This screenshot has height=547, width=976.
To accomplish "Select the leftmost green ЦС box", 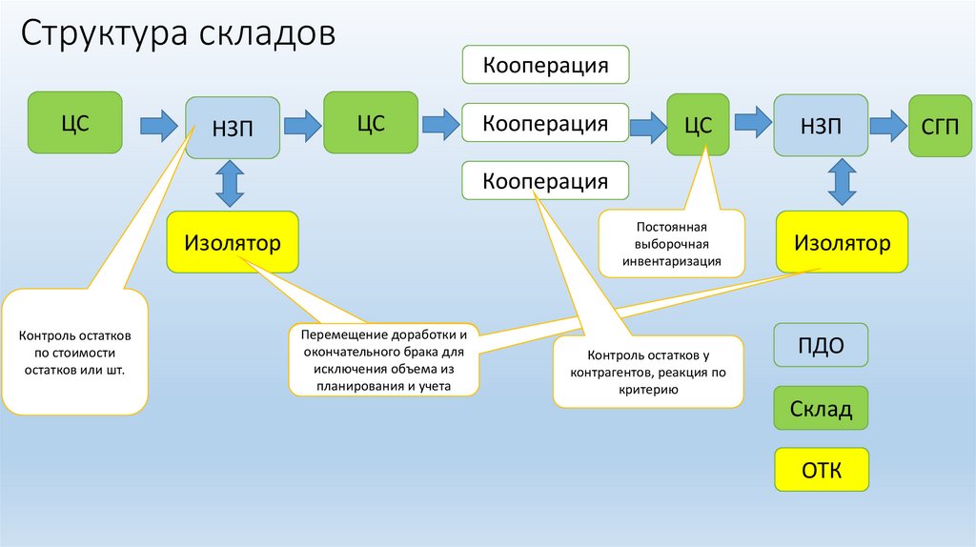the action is [x=75, y=122].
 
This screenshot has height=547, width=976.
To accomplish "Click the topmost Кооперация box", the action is [x=545, y=65].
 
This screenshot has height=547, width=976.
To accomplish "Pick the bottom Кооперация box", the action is [x=545, y=181].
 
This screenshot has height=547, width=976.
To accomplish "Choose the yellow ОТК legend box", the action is [x=821, y=470].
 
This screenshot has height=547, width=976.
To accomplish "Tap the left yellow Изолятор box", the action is [x=232, y=243].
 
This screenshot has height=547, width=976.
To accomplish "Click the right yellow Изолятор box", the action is [x=842, y=243].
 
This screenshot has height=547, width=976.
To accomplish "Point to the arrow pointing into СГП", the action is [x=886, y=123].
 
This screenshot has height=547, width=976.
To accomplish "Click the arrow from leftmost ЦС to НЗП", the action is [x=157, y=124].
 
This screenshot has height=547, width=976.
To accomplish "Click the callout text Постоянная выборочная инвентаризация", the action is [x=672, y=244].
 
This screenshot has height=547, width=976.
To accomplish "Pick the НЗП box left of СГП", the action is [x=821, y=126].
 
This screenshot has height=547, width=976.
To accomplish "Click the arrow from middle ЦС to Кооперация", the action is [x=440, y=123].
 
